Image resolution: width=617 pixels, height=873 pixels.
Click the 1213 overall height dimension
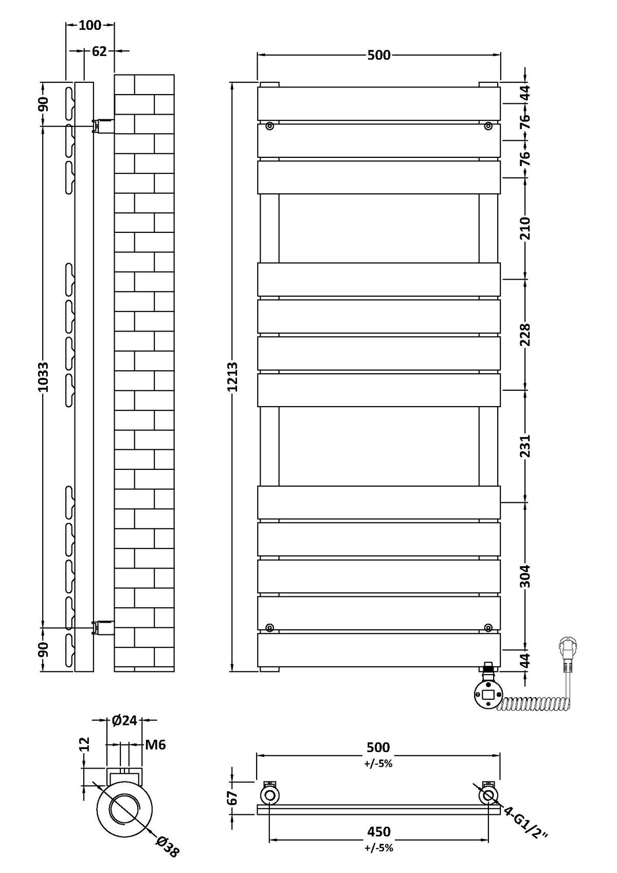coord(233,377)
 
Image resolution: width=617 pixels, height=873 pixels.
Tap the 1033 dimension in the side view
coord(43,377)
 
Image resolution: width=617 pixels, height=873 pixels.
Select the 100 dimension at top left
coord(90,25)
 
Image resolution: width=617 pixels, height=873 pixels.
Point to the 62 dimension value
coord(99,51)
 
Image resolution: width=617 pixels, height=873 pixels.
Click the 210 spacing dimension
coord(526,228)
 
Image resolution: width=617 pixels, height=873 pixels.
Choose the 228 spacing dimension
coord(526,334)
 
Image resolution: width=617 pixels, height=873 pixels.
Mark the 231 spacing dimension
coord(526,446)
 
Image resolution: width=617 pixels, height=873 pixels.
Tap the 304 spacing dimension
coord(526,576)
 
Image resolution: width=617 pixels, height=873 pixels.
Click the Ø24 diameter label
coord(124,721)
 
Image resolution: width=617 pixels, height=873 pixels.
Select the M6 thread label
coord(155,745)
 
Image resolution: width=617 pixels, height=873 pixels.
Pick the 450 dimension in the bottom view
coord(379,832)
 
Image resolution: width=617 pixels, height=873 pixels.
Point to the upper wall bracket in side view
coord(102,125)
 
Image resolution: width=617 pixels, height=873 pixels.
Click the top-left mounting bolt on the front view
coord(269,125)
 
